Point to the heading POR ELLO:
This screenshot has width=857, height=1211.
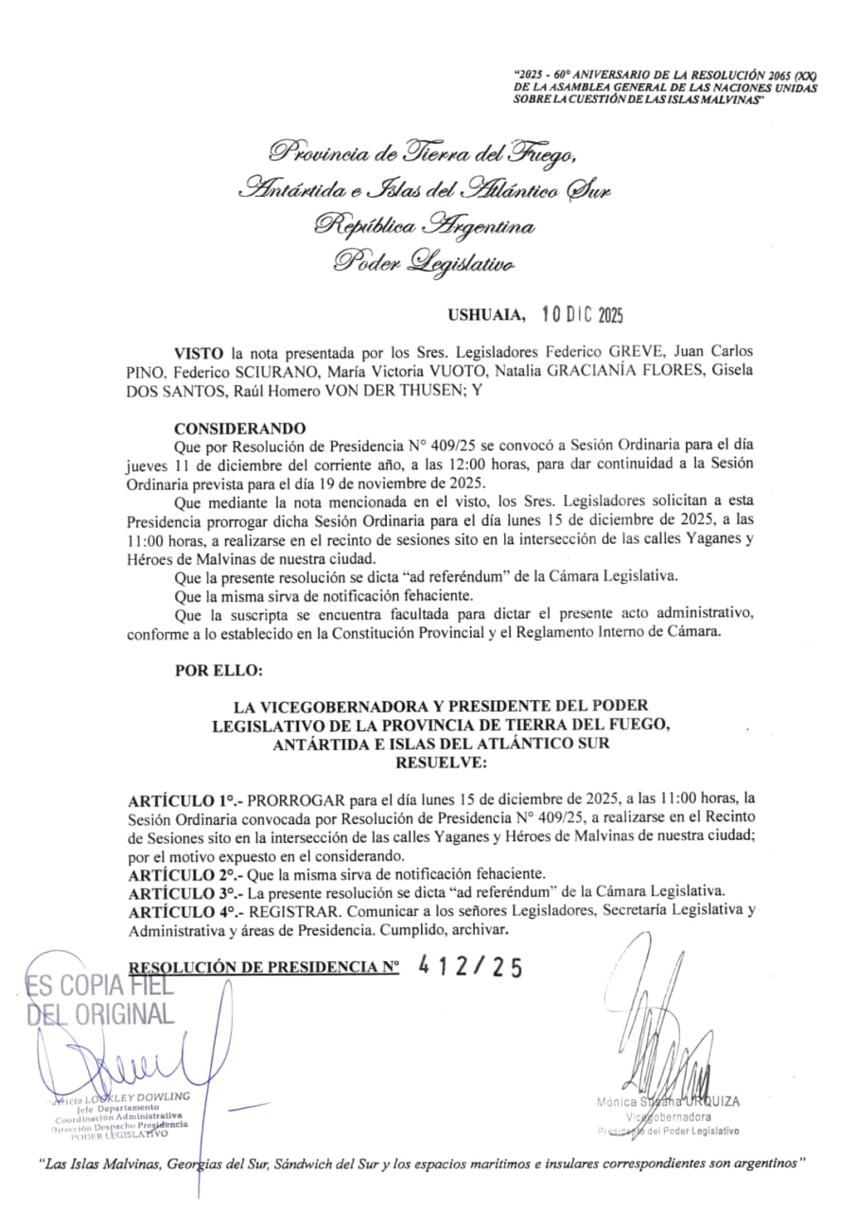[x=219, y=671]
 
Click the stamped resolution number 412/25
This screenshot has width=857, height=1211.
[x=470, y=967]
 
